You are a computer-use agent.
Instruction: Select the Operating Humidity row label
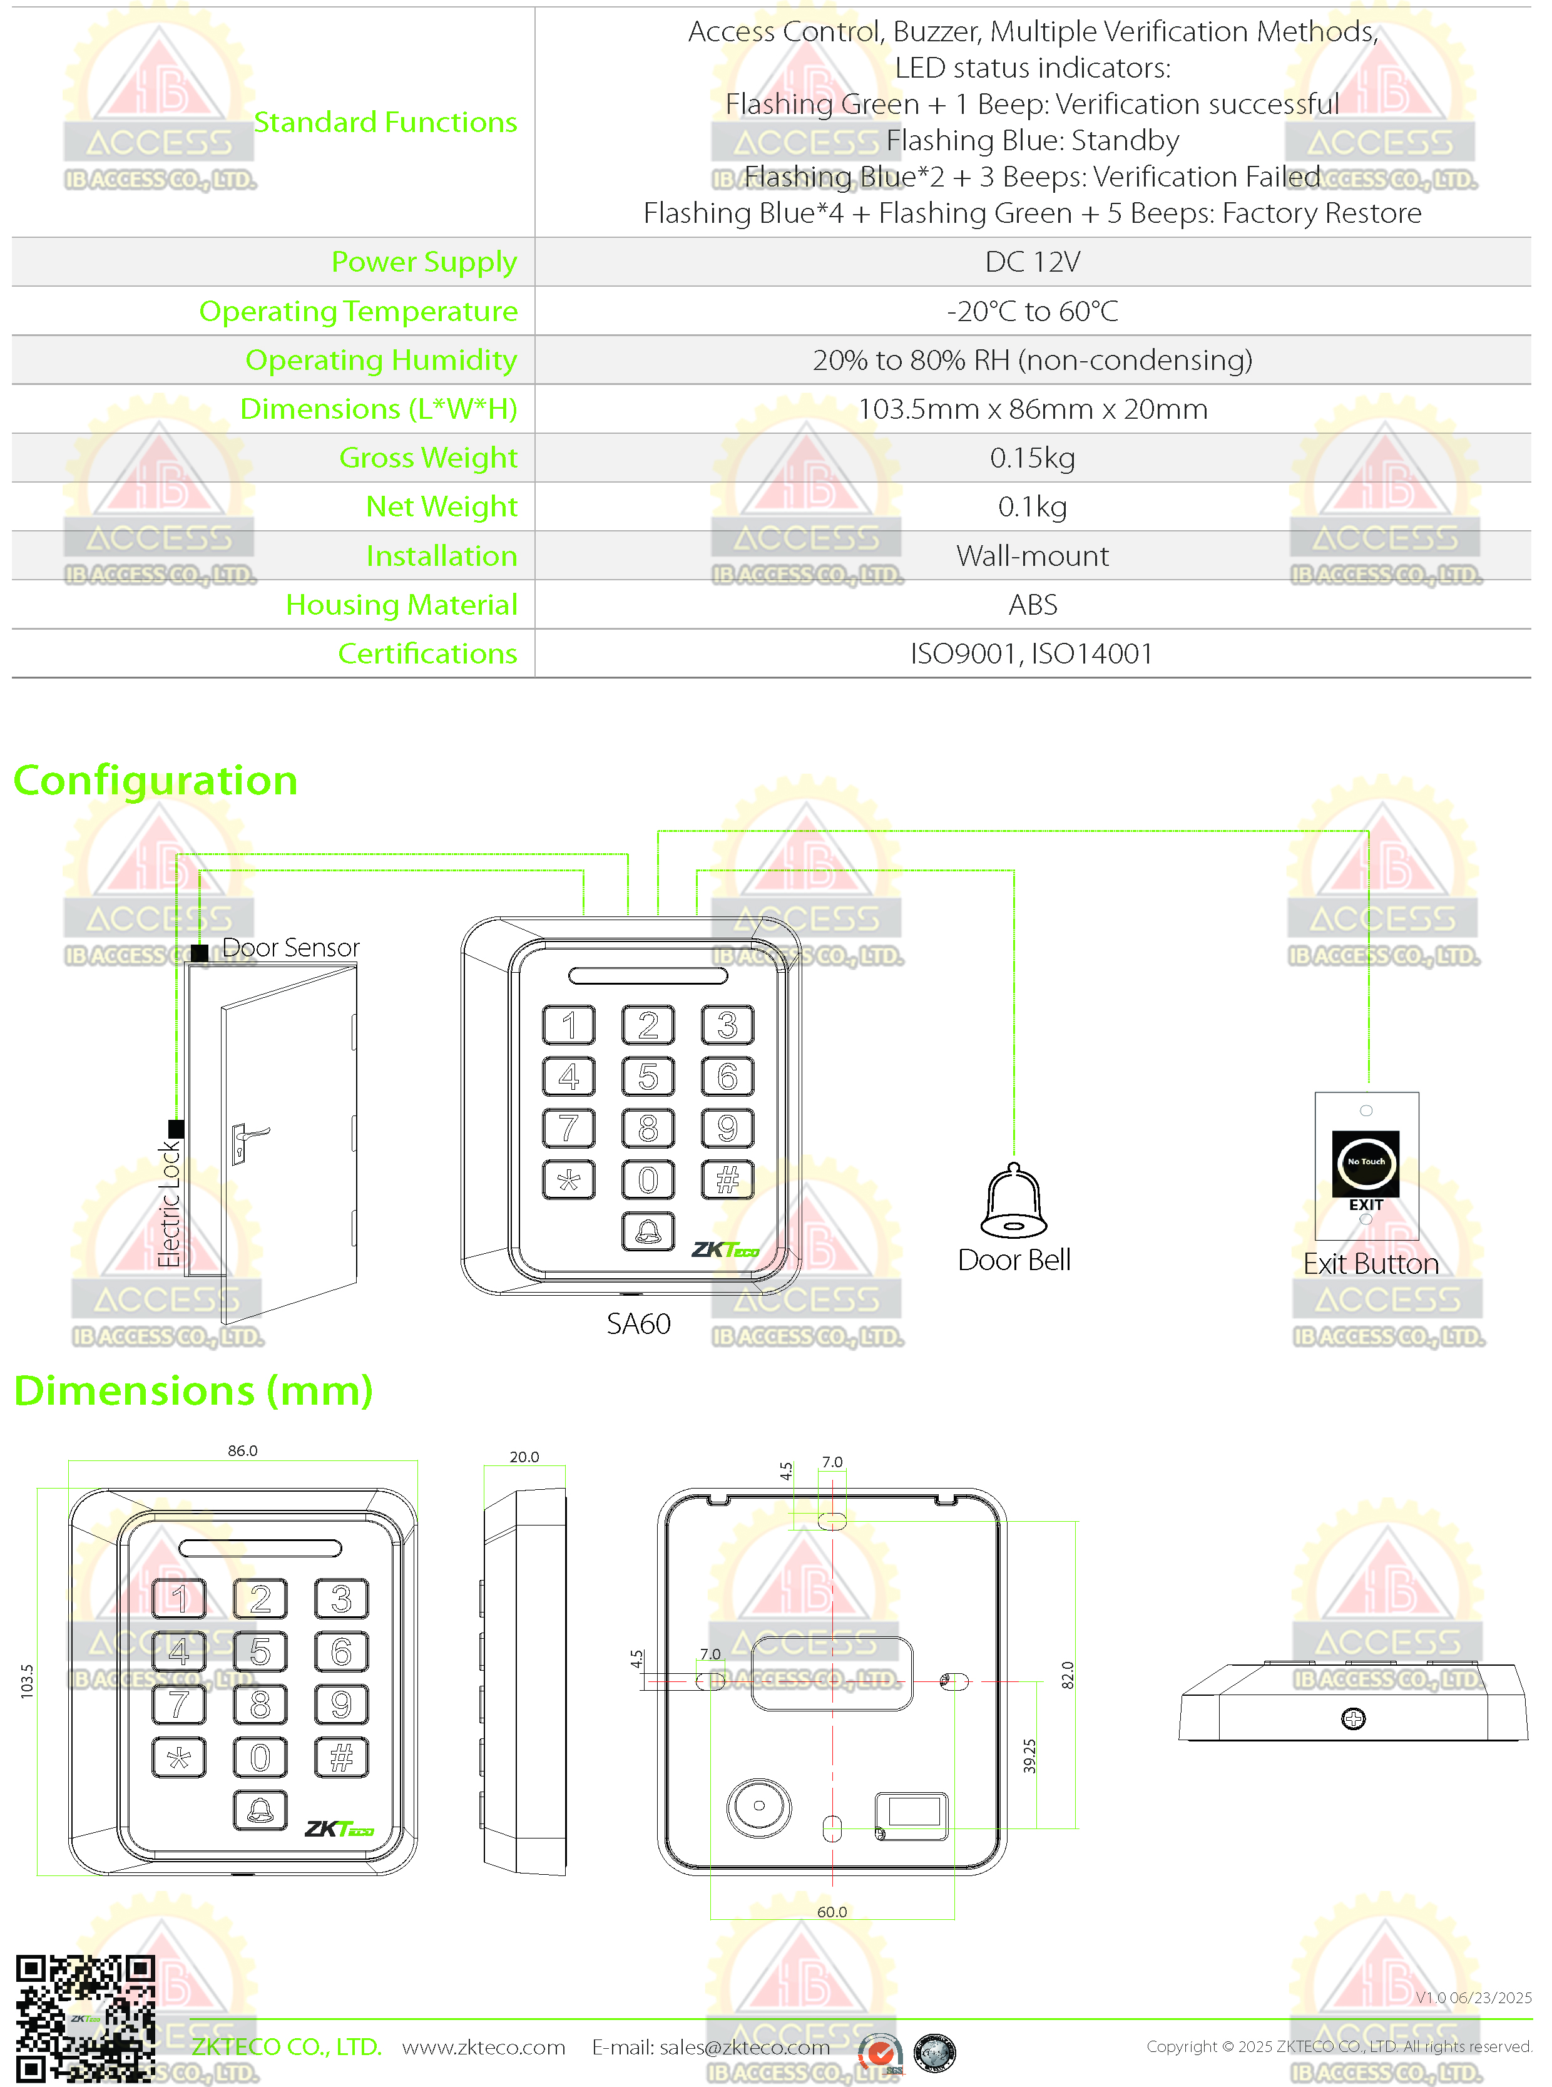[380, 360]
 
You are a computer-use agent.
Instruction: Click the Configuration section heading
[156, 781]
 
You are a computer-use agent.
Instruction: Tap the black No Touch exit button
[1365, 1162]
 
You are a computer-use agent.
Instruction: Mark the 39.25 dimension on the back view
[1029, 1755]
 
